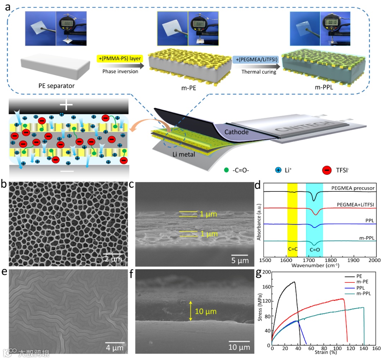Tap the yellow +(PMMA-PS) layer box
(118, 59)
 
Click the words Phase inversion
(118, 71)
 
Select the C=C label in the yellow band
(293, 249)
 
